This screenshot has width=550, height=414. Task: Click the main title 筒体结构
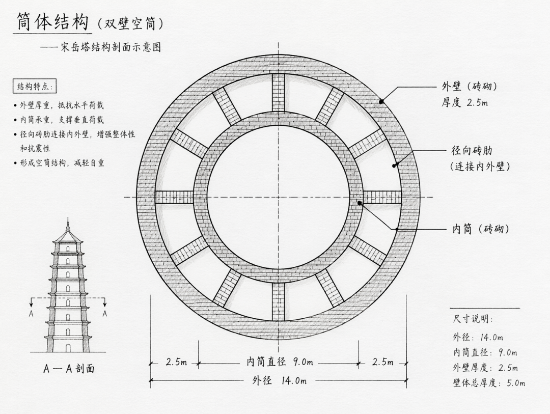coord(52,22)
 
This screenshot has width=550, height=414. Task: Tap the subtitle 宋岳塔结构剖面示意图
coord(111,47)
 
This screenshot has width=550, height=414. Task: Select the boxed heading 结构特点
coord(35,87)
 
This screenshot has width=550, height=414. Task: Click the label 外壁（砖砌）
coord(469,86)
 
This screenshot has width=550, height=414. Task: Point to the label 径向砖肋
coord(472,151)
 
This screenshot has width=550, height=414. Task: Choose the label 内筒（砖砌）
coord(481,229)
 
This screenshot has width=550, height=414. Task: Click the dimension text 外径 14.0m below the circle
coord(279,380)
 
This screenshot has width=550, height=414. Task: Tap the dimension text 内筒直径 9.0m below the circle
coord(280,362)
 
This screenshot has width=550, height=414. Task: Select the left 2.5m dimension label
coord(176,362)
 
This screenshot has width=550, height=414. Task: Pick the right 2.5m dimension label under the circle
coord(382,362)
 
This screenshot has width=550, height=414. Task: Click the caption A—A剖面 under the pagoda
coord(69,368)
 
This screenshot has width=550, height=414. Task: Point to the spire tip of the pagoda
coord(68,218)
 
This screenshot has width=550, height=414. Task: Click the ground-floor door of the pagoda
coord(68,348)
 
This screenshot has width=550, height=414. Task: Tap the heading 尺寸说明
coord(473,319)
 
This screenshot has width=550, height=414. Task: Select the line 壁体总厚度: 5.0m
coord(489,382)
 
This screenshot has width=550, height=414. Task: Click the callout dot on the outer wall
coord(381,101)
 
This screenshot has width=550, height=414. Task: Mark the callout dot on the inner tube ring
coord(360,203)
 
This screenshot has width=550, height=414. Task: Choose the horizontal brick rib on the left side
coord(174,197)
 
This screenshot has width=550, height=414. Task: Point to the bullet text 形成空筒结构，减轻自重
coord(62,163)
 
